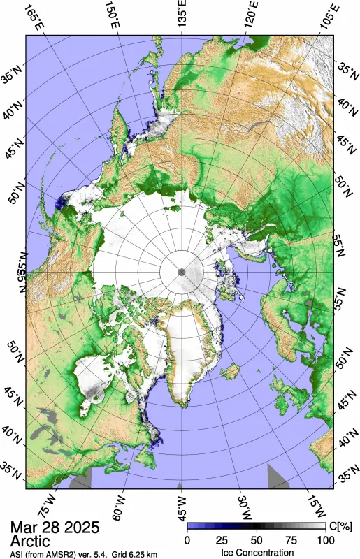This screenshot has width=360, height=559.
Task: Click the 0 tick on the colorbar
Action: click(x=187, y=539)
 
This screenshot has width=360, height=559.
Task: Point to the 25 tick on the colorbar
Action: click(x=222, y=539)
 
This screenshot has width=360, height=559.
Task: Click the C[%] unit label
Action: click(x=339, y=525)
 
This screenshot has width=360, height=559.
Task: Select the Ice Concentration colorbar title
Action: click(x=257, y=551)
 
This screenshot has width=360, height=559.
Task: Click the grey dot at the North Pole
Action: click(x=181, y=271)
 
